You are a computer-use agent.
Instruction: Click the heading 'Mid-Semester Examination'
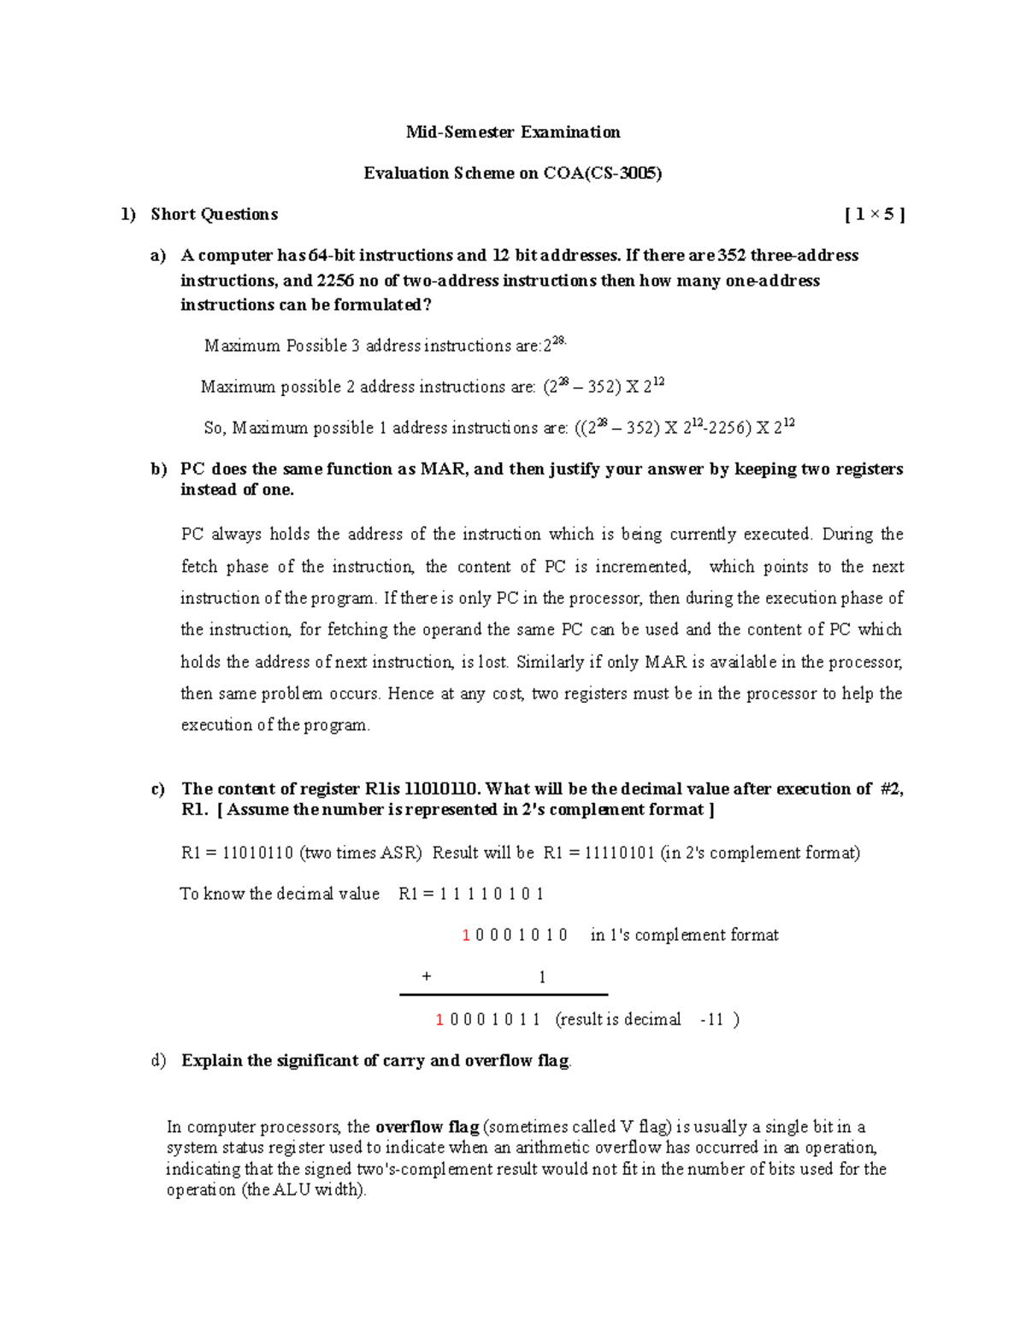pyautogui.click(x=513, y=132)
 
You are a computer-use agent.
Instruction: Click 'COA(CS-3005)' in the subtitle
pyautogui.click(x=602, y=173)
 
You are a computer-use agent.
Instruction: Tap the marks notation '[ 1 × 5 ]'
pyautogui.click(x=874, y=215)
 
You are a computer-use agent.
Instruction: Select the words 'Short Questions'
pyautogui.click(x=214, y=215)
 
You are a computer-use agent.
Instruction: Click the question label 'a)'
pyautogui.click(x=157, y=256)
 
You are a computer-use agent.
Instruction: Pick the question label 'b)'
pyautogui.click(x=158, y=469)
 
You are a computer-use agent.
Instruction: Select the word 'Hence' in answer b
pyautogui.click(x=410, y=694)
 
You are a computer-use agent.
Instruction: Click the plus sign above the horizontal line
pyautogui.click(x=427, y=976)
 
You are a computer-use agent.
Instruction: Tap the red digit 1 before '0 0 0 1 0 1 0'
pyautogui.click(x=466, y=936)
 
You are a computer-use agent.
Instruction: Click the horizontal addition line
pyautogui.click(x=504, y=995)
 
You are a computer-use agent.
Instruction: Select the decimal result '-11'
pyautogui.click(x=711, y=1019)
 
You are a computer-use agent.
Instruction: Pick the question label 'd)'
pyautogui.click(x=158, y=1061)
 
